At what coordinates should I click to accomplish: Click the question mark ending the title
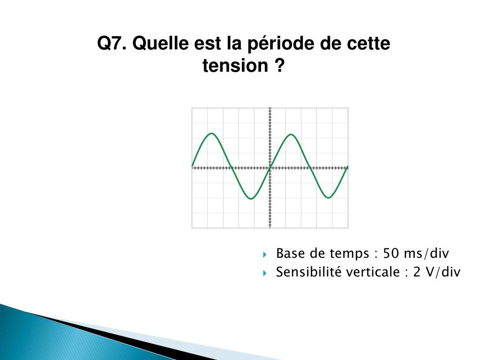coord(279,66)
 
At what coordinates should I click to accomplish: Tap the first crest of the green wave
coord(212,134)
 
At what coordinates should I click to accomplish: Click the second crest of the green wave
coord(291,135)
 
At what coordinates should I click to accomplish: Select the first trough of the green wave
coord(251,199)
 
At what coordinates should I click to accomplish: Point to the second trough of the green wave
coord(329,198)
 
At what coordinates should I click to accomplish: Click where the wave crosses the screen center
coord(270,167)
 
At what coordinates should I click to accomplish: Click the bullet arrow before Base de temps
coord(265,255)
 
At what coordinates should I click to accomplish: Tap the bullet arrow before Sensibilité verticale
coord(265,273)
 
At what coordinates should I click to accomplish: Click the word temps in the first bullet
coord(350,254)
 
